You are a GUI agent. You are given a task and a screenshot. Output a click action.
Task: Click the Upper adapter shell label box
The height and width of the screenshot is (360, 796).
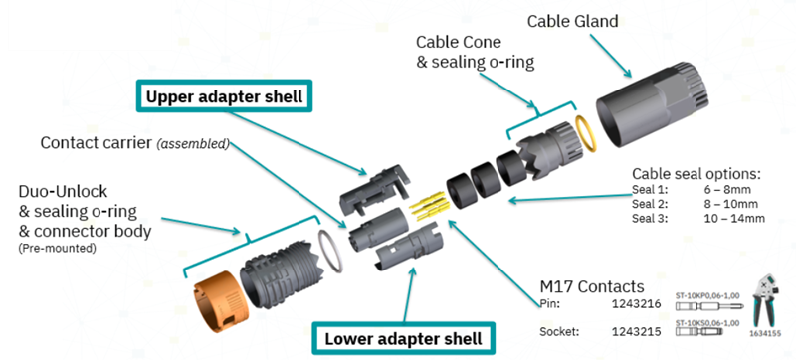[x=225, y=97]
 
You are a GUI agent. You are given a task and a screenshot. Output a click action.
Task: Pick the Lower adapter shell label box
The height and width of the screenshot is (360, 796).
[x=403, y=338]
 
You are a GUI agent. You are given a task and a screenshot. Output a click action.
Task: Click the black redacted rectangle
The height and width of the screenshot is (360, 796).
[x=90, y=25]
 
